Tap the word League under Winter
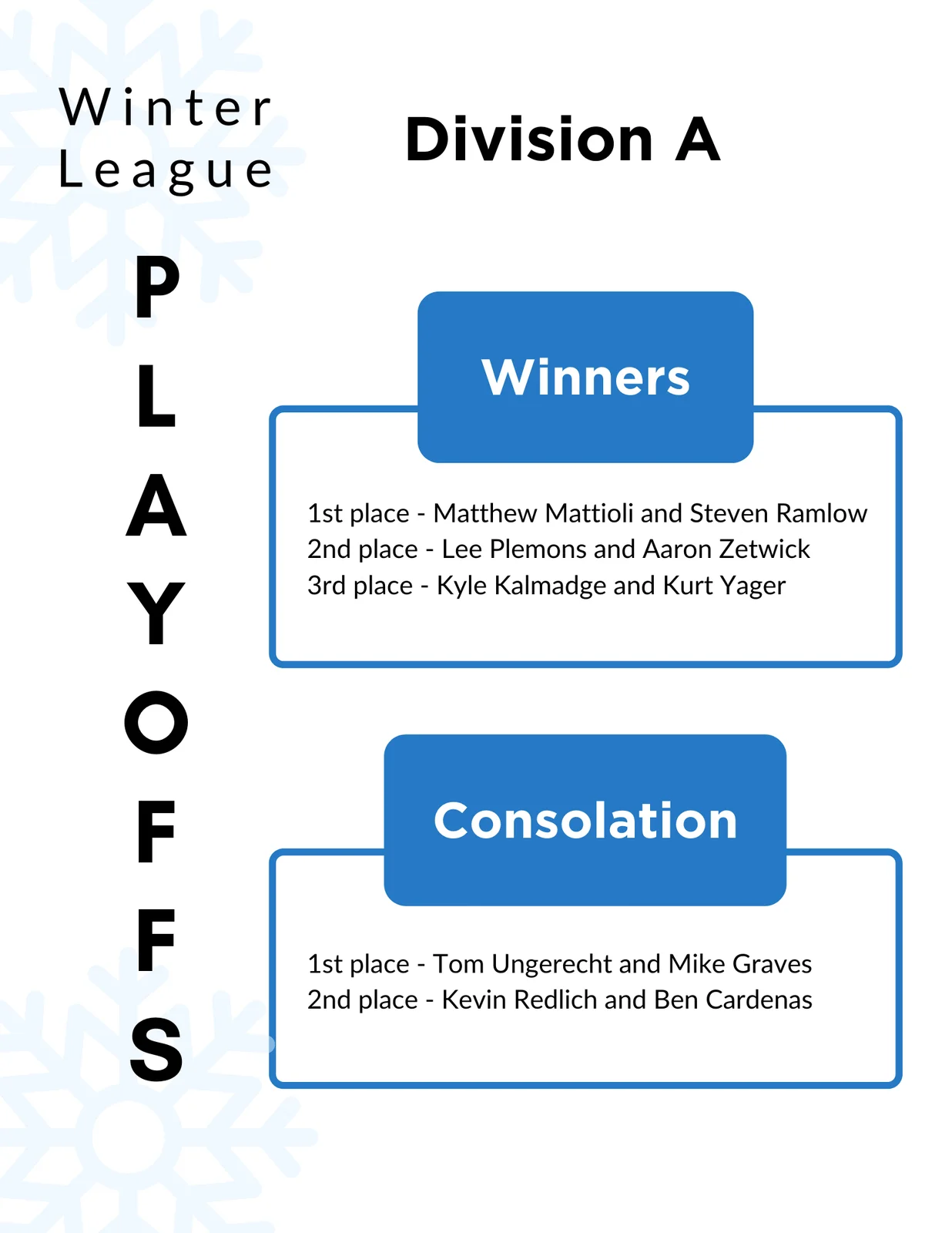(x=166, y=171)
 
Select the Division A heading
(x=562, y=139)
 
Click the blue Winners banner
(x=585, y=377)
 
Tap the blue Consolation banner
(x=585, y=820)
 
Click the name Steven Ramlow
(x=779, y=513)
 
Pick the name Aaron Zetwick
(x=726, y=549)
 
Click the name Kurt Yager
(x=724, y=586)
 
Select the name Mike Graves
(x=740, y=964)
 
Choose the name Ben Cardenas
(x=732, y=1000)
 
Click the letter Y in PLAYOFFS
(x=156, y=613)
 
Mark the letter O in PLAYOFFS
(x=156, y=722)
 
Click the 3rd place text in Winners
(x=360, y=586)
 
